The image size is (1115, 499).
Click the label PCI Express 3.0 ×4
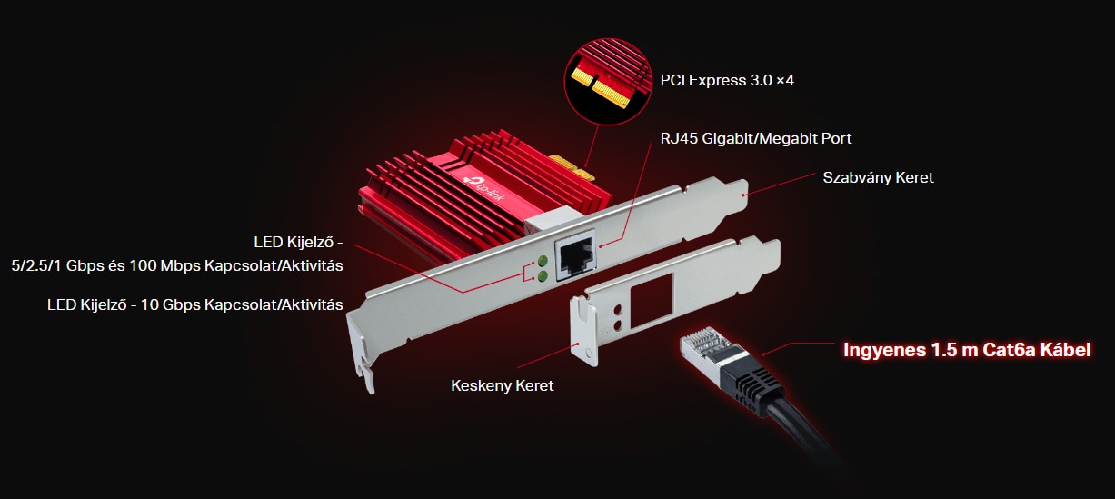click(x=727, y=80)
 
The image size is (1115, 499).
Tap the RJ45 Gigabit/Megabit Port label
click(x=756, y=138)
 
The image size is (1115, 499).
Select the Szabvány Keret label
click(x=878, y=177)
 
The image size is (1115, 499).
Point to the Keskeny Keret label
click(x=502, y=385)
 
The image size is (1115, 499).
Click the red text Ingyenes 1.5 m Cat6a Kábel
click(x=967, y=350)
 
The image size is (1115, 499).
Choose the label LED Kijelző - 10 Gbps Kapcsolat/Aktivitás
click(x=195, y=304)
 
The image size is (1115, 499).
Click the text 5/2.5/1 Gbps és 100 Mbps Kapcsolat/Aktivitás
click(x=177, y=265)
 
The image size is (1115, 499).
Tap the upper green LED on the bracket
click(x=543, y=261)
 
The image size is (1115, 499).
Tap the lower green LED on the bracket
click(x=543, y=276)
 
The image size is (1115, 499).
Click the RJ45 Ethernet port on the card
click(x=575, y=255)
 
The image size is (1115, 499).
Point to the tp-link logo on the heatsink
click(x=483, y=189)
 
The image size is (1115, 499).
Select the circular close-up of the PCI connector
click(x=608, y=81)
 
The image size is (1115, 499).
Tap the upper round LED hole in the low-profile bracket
click(x=618, y=310)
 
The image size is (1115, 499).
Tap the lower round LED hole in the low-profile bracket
click(x=618, y=325)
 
